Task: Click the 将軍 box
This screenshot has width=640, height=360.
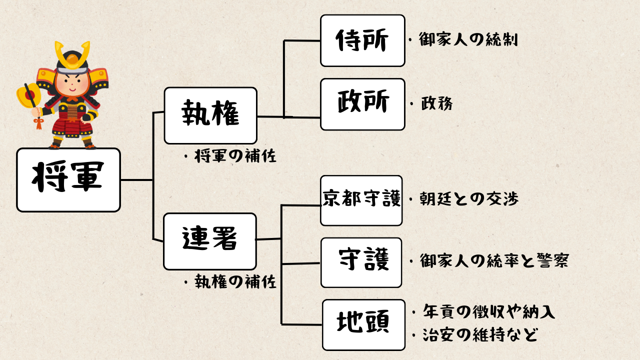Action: (x=68, y=179)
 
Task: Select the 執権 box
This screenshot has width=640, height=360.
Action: (x=210, y=115)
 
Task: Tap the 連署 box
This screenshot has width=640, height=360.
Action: (x=209, y=241)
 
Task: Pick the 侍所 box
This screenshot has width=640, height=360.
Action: (x=362, y=40)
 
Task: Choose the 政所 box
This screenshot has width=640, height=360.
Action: (x=362, y=104)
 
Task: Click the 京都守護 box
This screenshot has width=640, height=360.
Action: (x=361, y=200)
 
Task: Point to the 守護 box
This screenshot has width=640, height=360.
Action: (x=361, y=262)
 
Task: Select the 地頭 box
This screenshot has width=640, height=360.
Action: (x=363, y=324)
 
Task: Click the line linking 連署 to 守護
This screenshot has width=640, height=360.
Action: (x=300, y=263)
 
